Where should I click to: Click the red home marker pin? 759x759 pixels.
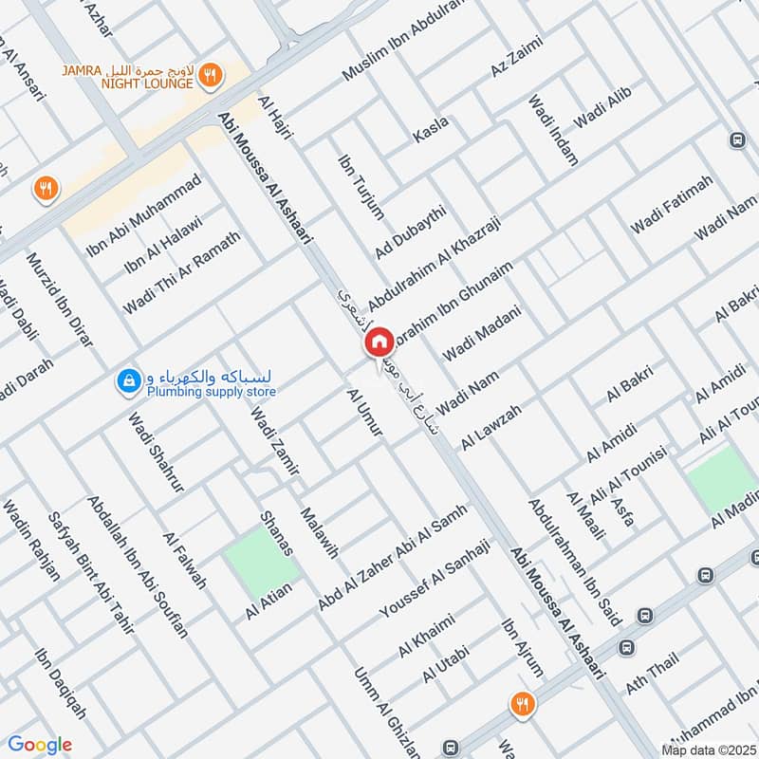click(379, 341)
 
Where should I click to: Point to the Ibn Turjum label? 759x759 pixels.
click(361, 186)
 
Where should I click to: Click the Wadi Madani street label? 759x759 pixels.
click(482, 331)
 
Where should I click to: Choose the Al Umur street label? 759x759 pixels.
click(364, 412)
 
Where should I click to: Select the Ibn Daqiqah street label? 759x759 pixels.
click(60, 683)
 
